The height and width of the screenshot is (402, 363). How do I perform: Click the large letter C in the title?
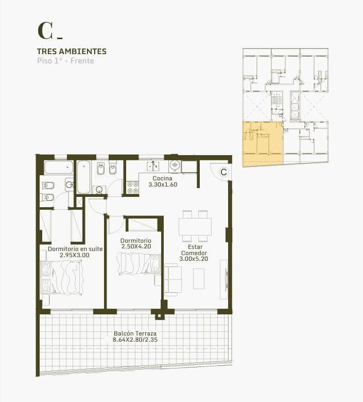45,30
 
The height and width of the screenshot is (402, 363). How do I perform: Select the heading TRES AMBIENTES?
72,52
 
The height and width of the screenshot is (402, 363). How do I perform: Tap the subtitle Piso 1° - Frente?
65,61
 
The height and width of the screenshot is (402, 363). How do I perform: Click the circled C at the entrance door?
223,172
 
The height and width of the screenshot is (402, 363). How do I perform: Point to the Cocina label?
162,178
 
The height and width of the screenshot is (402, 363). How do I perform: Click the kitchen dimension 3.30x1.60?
163,185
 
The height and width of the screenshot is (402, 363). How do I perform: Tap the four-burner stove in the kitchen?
132,187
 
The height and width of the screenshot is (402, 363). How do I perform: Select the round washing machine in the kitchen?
175,166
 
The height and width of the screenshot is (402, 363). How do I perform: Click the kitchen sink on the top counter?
153,166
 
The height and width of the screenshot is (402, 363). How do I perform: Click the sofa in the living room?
173,279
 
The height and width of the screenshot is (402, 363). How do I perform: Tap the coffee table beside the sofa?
199,278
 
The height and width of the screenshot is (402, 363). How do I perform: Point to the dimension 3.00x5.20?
194,260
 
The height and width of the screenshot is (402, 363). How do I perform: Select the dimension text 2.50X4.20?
136,247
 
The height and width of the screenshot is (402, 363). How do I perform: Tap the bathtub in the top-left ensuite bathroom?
59,167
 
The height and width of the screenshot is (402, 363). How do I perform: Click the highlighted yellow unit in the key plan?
262,144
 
